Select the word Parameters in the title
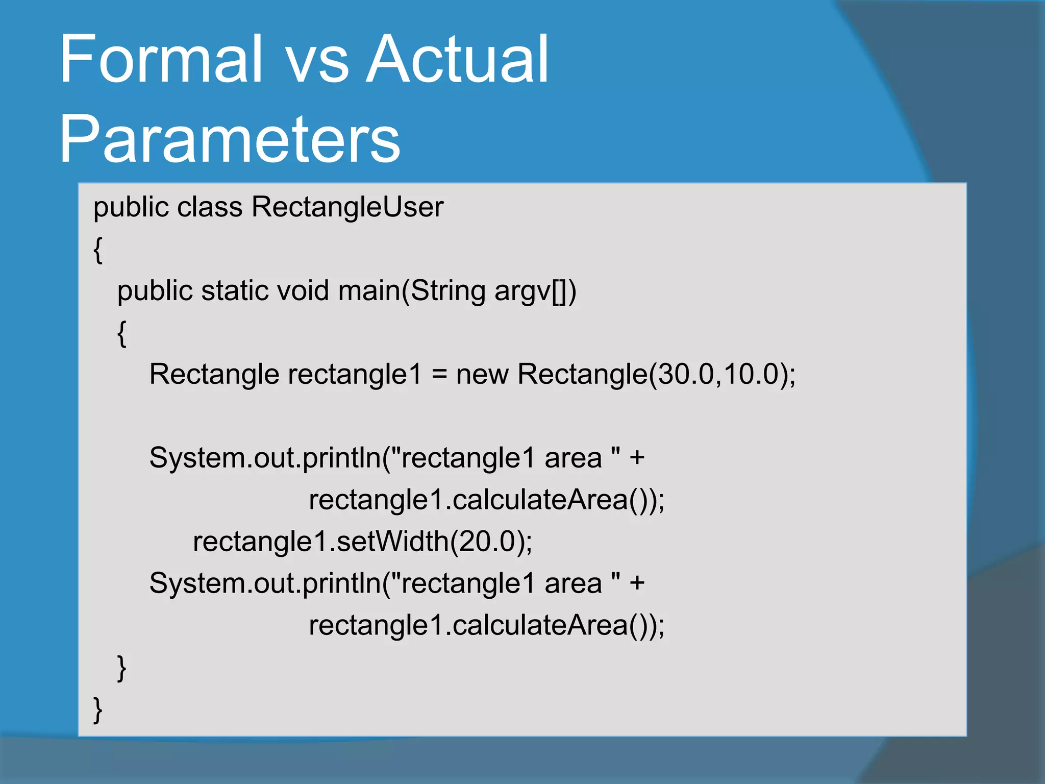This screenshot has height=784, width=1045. point(230,139)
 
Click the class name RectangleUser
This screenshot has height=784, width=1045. point(347,207)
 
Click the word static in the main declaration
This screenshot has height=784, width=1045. point(234,290)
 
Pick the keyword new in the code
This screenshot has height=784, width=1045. point(482,374)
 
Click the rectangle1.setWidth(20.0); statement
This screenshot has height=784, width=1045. point(362,541)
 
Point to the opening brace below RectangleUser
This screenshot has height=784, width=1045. point(98,250)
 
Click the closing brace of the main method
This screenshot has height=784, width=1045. point(121,668)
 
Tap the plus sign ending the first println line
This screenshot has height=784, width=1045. point(637,458)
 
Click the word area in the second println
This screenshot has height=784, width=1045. point(573,583)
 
